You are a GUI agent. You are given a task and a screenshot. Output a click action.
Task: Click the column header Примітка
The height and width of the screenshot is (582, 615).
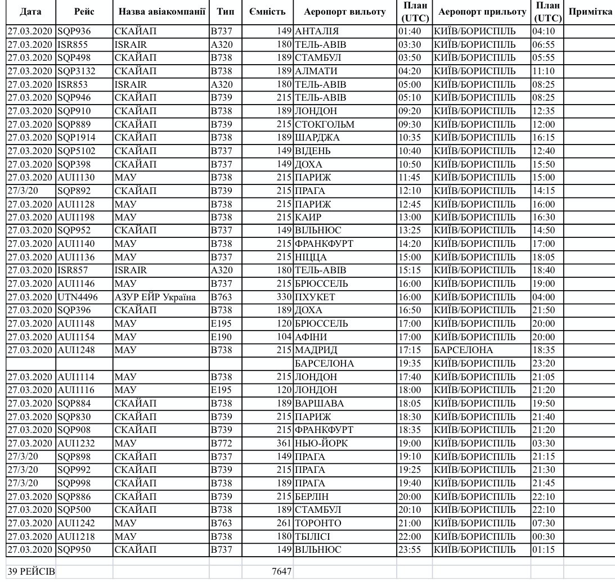point(590,11)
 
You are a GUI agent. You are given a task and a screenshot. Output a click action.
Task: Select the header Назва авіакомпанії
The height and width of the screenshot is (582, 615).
point(160,11)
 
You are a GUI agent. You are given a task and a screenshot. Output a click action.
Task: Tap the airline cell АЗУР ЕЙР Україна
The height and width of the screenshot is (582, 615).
point(155,297)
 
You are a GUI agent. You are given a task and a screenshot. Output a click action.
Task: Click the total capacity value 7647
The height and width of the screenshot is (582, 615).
point(281,571)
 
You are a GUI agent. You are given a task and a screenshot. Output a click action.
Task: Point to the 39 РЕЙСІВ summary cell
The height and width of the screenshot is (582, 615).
point(31,571)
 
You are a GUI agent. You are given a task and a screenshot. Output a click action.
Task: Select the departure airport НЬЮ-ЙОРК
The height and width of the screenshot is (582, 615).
point(321,443)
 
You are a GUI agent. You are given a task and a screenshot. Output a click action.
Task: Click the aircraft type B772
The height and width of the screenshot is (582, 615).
point(222,443)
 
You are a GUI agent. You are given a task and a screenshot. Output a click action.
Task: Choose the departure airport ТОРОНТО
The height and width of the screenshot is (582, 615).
point(318,523)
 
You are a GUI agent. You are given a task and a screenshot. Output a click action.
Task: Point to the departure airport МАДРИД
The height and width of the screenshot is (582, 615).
point(316,350)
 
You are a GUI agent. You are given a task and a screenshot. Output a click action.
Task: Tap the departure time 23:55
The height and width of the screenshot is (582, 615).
point(409,549)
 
